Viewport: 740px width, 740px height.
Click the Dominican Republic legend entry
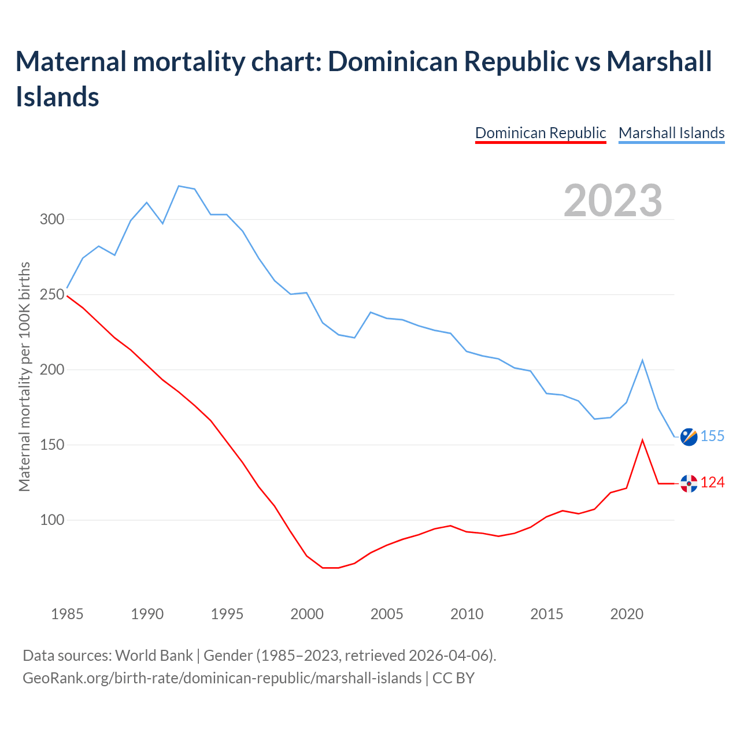(x=540, y=133)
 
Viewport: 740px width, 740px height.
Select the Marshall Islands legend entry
(x=671, y=133)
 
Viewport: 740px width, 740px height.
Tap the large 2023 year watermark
(x=613, y=201)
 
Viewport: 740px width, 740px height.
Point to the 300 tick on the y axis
(x=52, y=220)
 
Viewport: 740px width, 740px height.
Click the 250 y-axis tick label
(x=52, y=295)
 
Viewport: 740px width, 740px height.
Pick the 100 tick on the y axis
(x=52, y=520)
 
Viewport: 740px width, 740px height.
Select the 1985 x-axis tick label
(x=67, y=614)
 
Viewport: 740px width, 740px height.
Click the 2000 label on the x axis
(x=307, y=614)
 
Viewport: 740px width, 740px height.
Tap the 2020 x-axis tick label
(x=627, y=614)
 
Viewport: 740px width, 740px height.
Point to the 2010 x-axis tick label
(x=467, y=614)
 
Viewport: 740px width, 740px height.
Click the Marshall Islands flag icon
(x=689, y=437)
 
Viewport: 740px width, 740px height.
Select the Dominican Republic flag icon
(x=689, y=483)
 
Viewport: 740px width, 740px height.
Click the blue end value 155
(x=712, y=436)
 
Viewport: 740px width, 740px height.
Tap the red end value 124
(x=712, y=483)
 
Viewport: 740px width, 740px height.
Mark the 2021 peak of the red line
(x=642, y=440)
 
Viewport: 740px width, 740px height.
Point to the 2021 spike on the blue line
(x=642, y=360)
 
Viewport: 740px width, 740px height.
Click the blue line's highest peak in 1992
(x=179, y=186)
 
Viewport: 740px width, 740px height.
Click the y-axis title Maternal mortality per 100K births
(x=24, y=376)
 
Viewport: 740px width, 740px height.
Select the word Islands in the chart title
(x=57, y=97)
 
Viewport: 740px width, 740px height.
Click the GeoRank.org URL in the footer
(x=222, y=678)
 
